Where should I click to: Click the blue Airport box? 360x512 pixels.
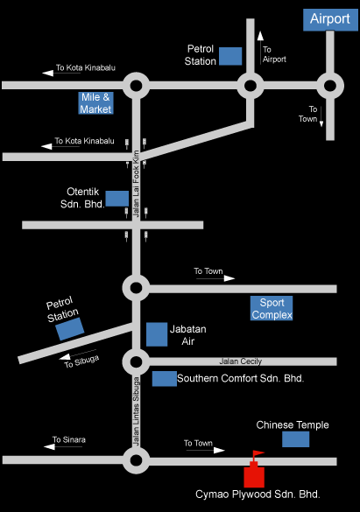click(x=330, y=19)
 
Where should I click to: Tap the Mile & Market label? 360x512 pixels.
click(x=95, y=103)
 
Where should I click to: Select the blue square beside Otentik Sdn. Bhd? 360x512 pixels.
click(x=117, y=199)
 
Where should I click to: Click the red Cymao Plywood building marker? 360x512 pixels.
click(x=254, y=476)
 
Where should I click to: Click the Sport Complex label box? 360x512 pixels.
click(x=272, y=308)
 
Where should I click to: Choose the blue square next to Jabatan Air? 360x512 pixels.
click(x=157, y=334)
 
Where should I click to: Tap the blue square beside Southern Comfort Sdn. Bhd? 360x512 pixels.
click(x=165, y=379)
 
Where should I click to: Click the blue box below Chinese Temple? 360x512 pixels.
click(x=296, y=439)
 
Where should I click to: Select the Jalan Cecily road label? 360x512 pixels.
click(x=240, y=361)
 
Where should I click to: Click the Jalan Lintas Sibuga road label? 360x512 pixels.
click(x=136, y=411)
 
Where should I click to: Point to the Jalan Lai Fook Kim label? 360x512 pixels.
click(x=136, y=184)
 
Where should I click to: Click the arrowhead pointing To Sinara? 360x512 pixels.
click(x=49, y=446)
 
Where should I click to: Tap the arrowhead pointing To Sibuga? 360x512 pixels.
click(x=65, y=357)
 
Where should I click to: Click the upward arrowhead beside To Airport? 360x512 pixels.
click(x=260, y=36)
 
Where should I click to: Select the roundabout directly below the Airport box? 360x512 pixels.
click(x=330, y=86)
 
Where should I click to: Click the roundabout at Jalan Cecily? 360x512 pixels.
click(x=137, y=361)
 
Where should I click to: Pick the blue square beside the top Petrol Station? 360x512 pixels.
click(x=230, y=56)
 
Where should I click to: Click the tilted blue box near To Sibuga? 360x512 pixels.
click(x=70, y=328)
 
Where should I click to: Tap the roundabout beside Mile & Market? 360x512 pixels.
click(x=137, y=86)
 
